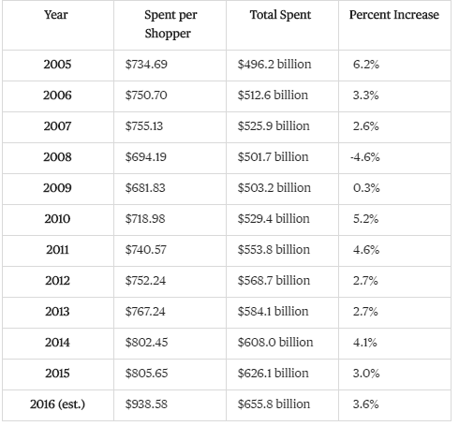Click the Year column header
coord(56,15)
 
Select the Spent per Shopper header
coord(170,24)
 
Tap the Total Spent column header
coord(280,15)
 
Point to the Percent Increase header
coord(394,15)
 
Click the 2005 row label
coord(57,65)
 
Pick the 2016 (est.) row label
coord(57,404)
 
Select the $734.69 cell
coord(146,65)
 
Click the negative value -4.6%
coord(365,157)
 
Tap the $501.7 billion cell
coord(273,156)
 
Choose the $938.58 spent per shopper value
coord(146,404)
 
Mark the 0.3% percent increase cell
coord(366,188)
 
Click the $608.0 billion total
coord(275,343)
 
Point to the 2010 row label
coord(57,219)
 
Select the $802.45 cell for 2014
coord(146,343)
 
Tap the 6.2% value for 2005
coord(366,65)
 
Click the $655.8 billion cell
coord(274,404)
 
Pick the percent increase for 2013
coord(365,312)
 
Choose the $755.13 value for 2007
coord(144,126)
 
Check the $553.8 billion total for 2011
coord(274,250)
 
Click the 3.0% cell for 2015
coord(366,374)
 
